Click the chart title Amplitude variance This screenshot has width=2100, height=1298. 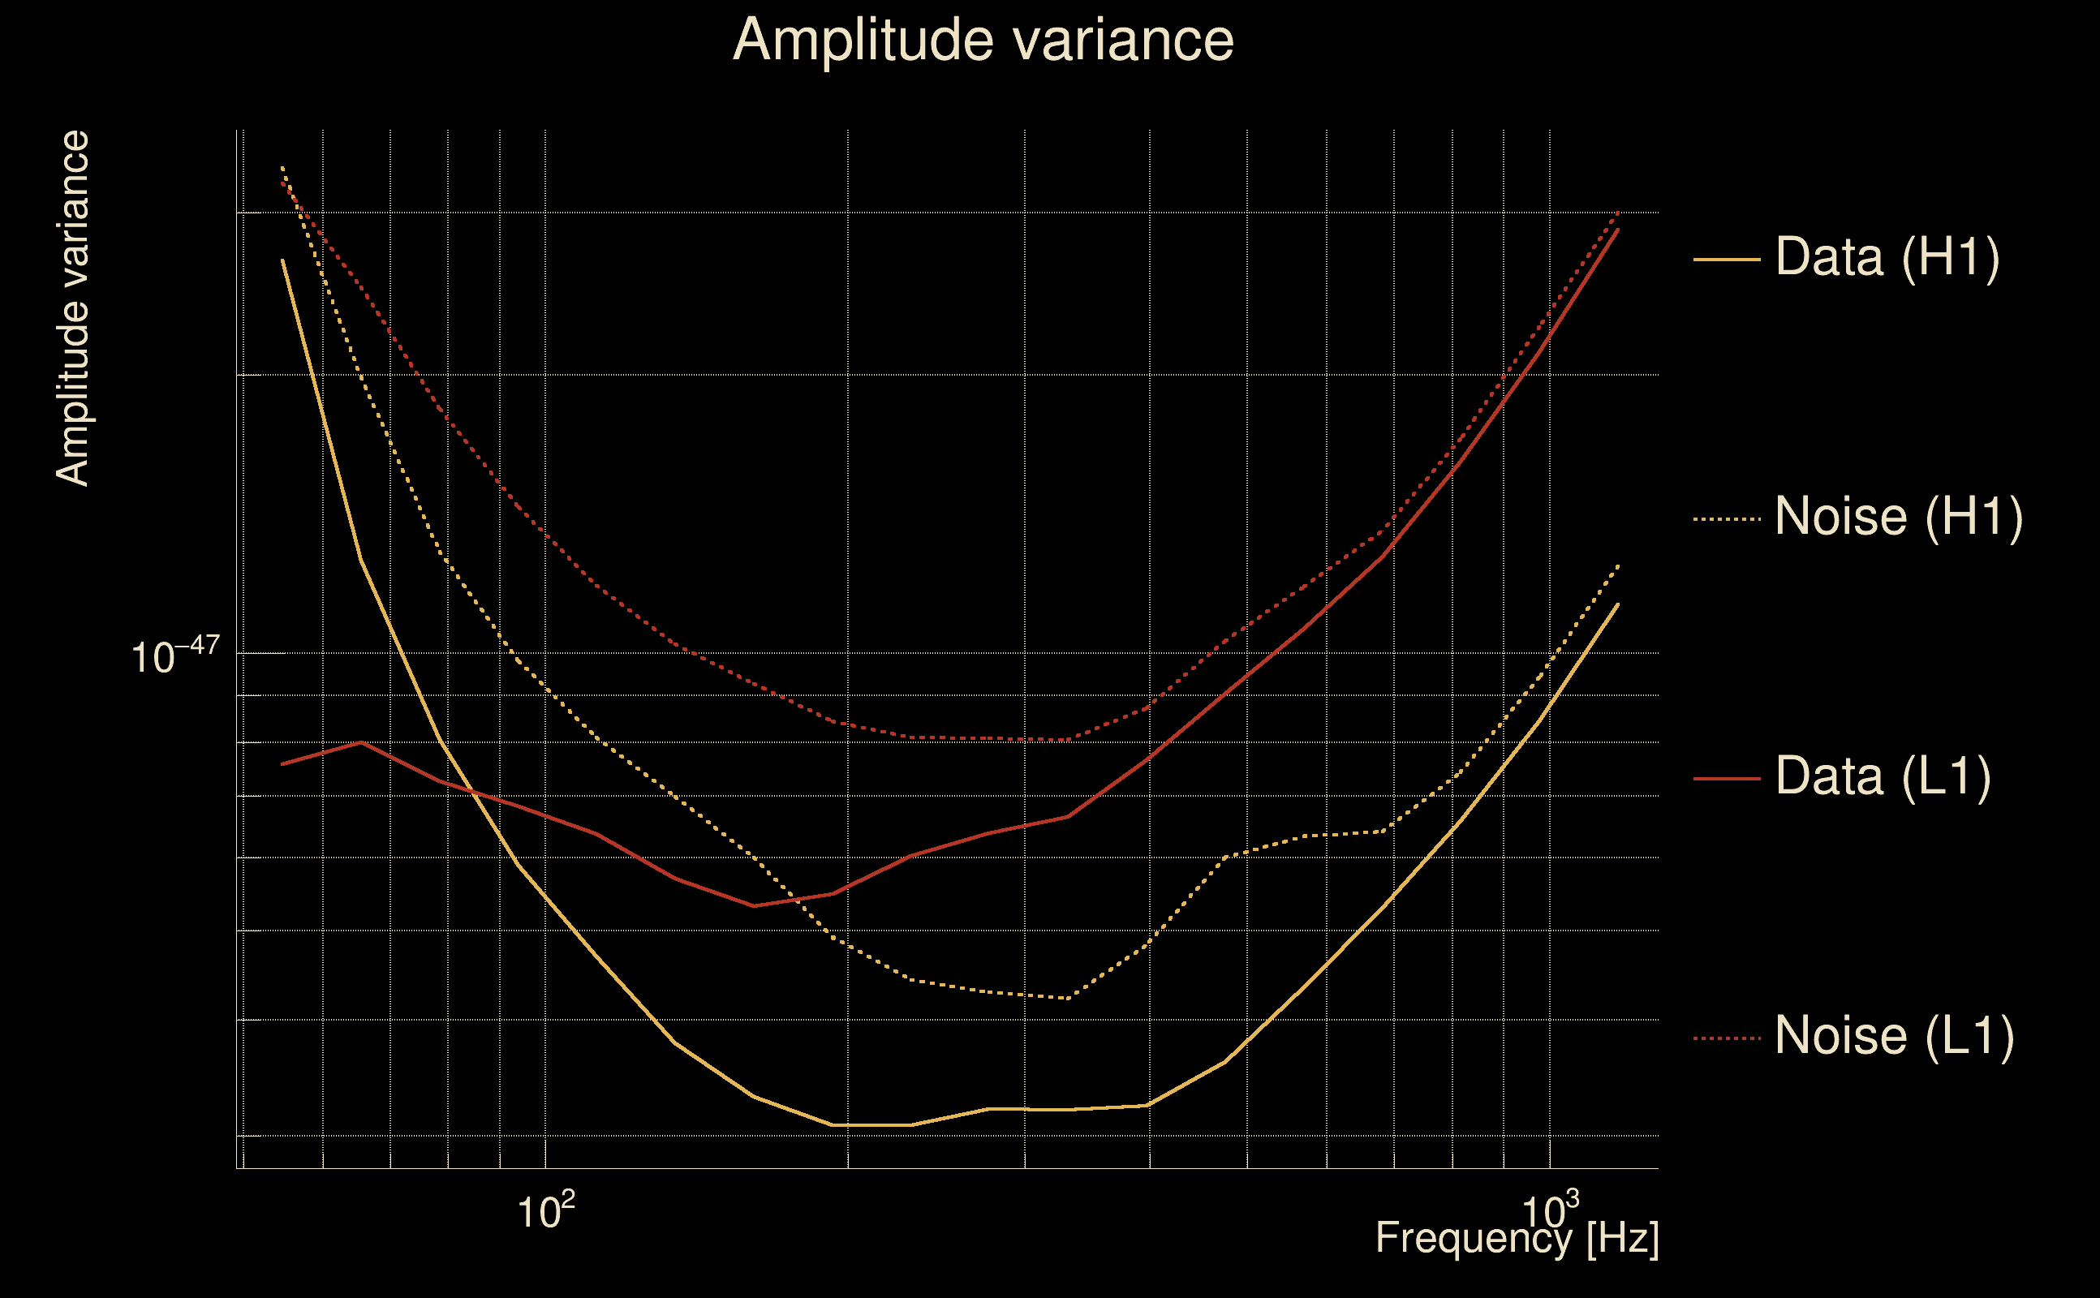pos(982,41)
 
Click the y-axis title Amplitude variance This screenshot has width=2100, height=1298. pos(72,309)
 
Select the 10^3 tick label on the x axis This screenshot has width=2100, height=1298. pos(1550,1210)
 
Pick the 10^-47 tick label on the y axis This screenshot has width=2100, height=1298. pos(175,658)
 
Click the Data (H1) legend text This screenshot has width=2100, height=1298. pos(1887,256)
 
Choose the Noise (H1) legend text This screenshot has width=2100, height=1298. pos(1898,517)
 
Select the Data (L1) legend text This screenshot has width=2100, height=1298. pos(1883,777)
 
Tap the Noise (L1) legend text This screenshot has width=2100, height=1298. pos(1894,1036)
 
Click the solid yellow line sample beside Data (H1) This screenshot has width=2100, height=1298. pos(1727,259)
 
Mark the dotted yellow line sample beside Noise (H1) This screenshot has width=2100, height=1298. pos(1727,518)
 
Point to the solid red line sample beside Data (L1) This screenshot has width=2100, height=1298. pos(1727,779)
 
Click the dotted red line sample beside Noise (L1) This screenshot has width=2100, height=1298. pos(1727,1038)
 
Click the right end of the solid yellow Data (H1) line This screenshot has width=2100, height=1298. pos(1618,604)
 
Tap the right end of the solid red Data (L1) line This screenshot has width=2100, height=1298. pos(1618,230)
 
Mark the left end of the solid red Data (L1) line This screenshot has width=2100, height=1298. pos(282,764)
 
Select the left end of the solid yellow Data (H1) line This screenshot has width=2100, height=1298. pos(282,260)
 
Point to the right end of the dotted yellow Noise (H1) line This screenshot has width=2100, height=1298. pos(1618,565)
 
